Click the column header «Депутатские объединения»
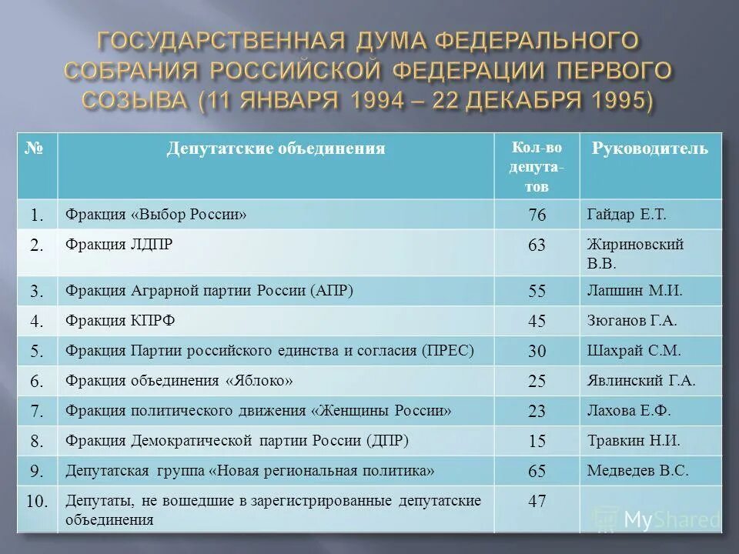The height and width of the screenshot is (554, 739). point(276,149)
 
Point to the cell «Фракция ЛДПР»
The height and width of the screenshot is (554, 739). point(119,245)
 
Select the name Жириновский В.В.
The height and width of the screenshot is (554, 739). point(635,252)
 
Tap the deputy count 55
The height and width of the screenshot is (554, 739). point(537,291)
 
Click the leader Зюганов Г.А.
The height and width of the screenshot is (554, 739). point(633,320)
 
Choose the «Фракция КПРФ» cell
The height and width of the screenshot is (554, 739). point(115,320)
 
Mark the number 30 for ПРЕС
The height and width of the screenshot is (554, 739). point(537,351)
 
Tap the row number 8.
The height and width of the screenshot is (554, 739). point(37,441)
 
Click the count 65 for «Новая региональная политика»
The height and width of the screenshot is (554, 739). point(537,471)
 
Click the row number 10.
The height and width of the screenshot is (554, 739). point(37,502)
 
